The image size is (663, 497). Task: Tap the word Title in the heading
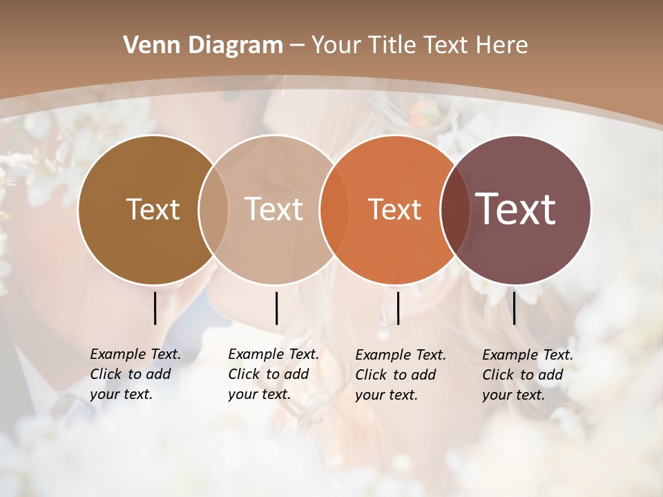[394, 46]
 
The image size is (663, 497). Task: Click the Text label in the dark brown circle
[153, 209]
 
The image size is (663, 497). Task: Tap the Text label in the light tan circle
[273, 209]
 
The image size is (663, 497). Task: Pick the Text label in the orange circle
[394, 210]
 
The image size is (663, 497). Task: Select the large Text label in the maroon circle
[516, 209]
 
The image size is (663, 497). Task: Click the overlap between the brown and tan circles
[213, 209]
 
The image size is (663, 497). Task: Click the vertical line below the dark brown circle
[155, 308]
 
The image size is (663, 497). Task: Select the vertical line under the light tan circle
[276, 308]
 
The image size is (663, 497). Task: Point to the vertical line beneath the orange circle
[398, 308]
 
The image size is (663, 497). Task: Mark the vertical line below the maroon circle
[515, 308]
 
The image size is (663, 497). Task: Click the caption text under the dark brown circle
[135, 374]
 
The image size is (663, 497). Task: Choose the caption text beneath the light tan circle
[273, 374]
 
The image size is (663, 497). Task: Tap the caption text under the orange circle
[400, 375]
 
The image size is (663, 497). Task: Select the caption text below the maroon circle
[527, 375]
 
